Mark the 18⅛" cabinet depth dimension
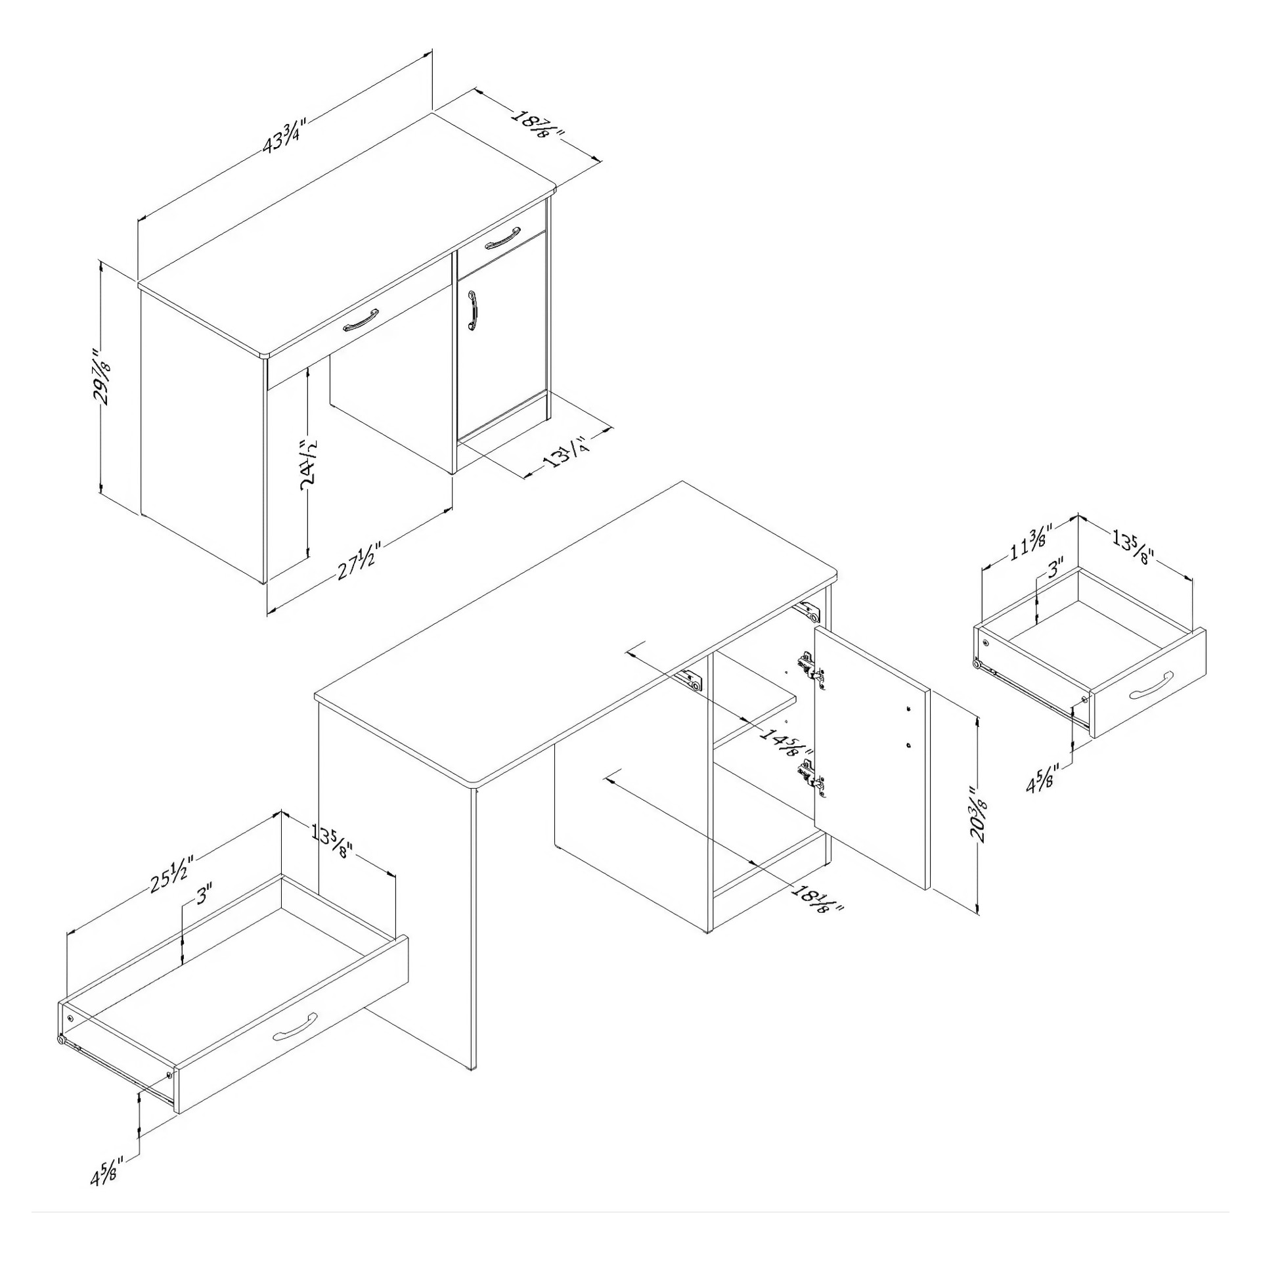point(817,898)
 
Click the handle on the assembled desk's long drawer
point(361,320)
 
